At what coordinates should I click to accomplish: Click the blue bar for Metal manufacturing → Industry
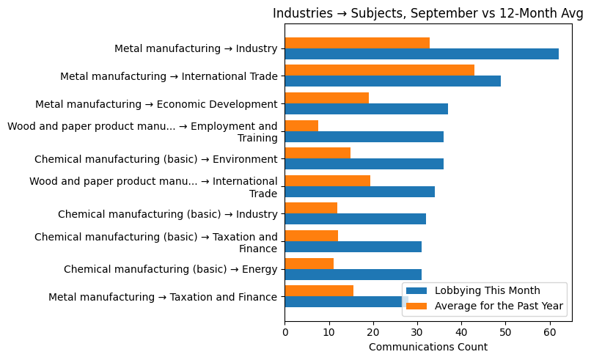click(421, 54)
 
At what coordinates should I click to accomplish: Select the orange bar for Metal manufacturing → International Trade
click(379, 70)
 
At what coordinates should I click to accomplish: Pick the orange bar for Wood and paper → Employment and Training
click(301, 125)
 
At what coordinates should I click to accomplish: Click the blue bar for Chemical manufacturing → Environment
click(364, 164)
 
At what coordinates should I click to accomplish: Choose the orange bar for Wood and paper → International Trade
click(327, 180)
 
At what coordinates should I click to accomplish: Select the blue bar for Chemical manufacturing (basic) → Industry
click(355, 218)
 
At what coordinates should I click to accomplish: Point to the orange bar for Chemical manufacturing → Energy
click(309, 263)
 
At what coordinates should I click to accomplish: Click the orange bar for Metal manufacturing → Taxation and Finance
click(319, 291)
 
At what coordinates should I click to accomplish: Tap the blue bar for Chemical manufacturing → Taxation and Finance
click(353, 246)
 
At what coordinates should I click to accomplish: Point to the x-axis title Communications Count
click(428, 347)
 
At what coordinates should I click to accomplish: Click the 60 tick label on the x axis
click(550, 332)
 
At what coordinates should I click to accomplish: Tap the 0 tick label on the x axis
click(285, 332)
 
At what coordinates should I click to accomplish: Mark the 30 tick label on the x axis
click(417, 332)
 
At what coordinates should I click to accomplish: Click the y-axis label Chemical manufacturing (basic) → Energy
click(170, 269)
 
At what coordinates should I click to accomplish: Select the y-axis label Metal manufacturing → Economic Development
click(156, 104)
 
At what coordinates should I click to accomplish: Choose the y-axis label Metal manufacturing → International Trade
click(169, 76)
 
